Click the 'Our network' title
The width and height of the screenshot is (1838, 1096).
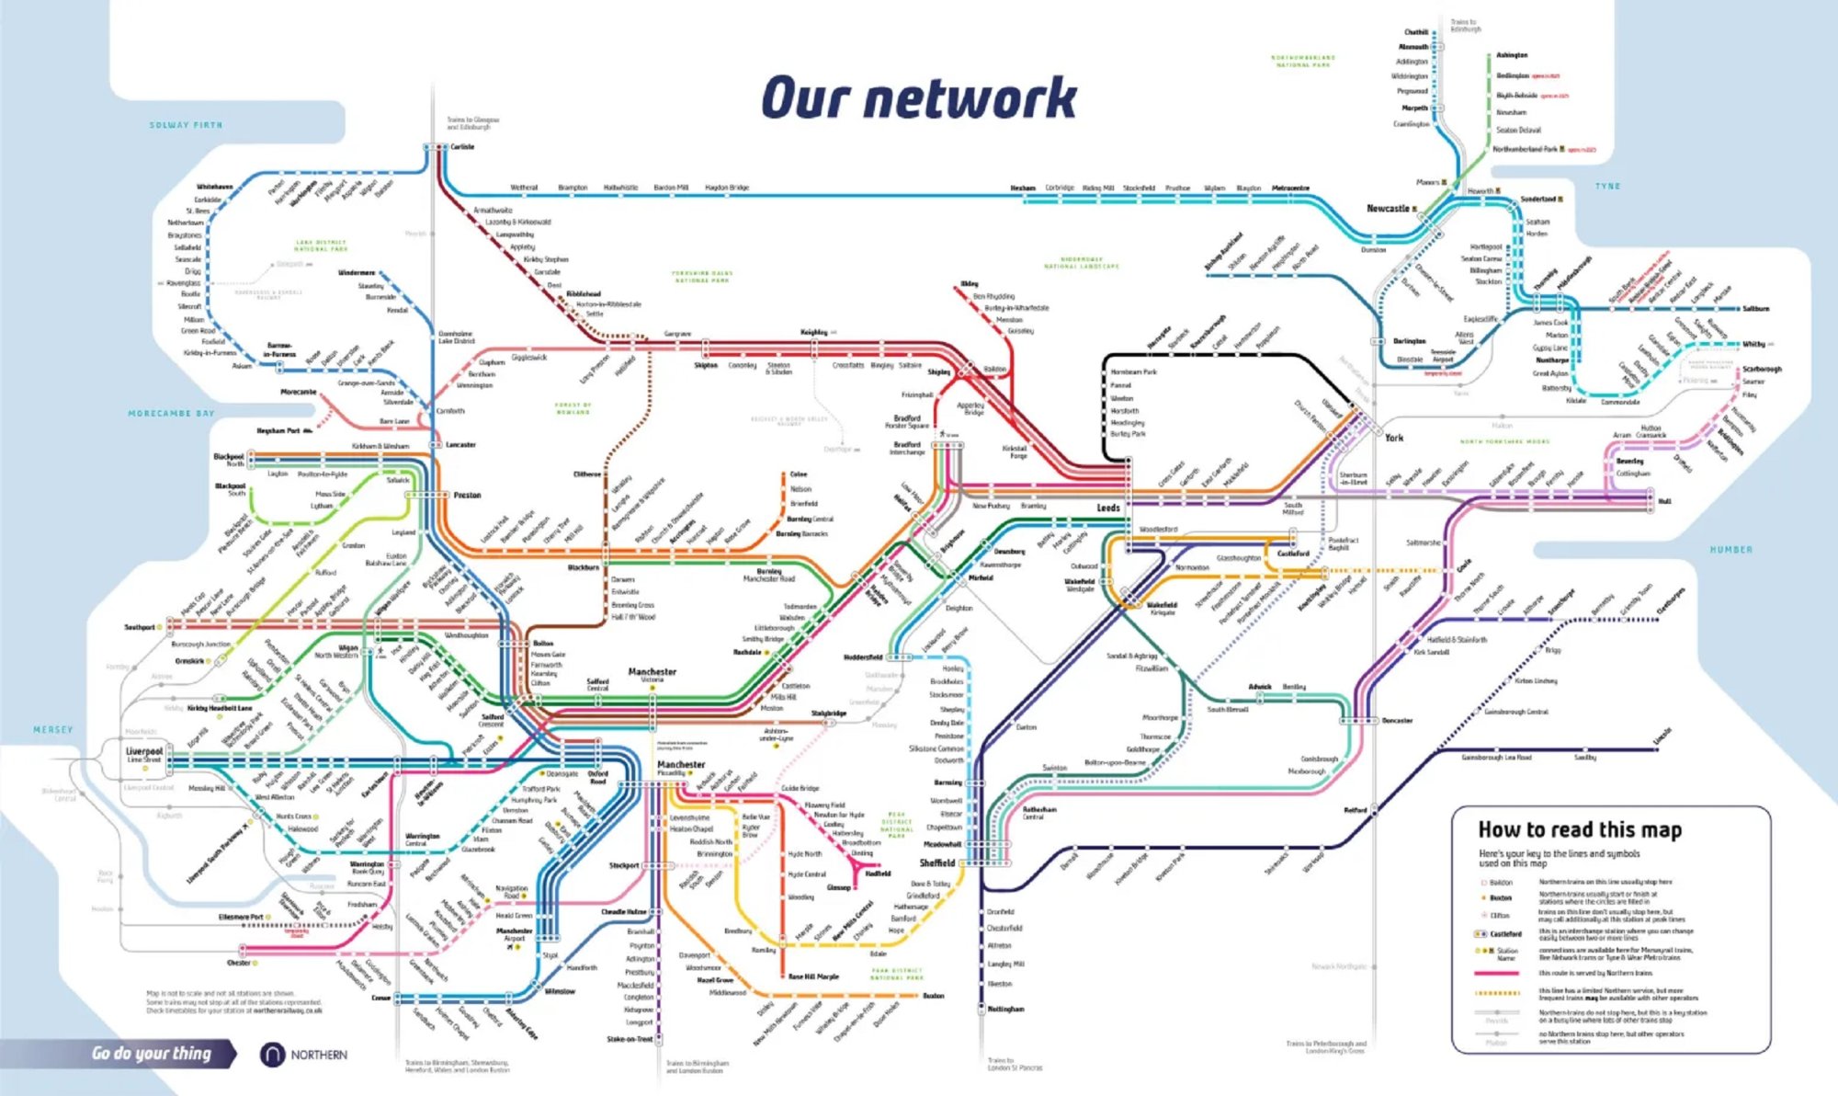pyautogui.click(x=918, y=98)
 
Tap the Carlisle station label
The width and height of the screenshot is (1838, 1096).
pyautogui.click(x=462, y=147)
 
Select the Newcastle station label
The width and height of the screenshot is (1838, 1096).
pyautogui.click(x=1388, y=209)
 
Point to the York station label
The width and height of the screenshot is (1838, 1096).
pyautogui.click(x=1394, y=438)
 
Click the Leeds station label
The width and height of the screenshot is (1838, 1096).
pyautogui.click(x=1108, y=508)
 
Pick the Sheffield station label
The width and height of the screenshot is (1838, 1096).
pyautogui.click(x=937, y=863)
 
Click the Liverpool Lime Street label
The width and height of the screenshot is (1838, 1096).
pyautogui.click(x=143, y=754)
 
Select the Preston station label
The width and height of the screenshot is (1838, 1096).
pyautogui.click(x=467, y=495)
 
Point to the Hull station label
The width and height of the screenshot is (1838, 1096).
pyautogui.click(x=1664, y=501)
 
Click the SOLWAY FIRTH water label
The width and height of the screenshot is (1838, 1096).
pyautogui.click(x=186, y=125)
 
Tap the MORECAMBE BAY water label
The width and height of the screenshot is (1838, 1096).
pyautogui.click(x=171, y=414)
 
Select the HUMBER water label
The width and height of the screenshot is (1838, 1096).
pyautogui.click(x=1730, y=550)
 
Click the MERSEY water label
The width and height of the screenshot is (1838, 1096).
pyautogui.click(x=52, y=730)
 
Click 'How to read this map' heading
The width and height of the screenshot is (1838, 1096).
pyautogui.click(x=1579, y=830)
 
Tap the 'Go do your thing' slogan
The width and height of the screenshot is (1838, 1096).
pyautogui.click(x=152, y=1054)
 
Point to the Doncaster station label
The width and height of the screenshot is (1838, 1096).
pyautogui.click(x=1397, y=721)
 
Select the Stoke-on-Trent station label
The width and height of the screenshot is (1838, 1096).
pyautogui.click(x=630, y=1039)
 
